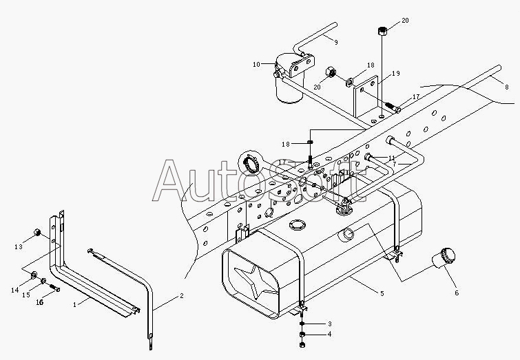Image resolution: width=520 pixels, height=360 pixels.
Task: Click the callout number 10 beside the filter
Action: [x=256, y=64]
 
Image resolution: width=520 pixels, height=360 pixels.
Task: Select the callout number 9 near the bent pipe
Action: [x=336, y=42]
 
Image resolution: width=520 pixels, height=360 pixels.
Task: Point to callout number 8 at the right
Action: [x=506, y=87]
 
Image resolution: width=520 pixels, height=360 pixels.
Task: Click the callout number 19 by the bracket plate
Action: [x=396, y=73]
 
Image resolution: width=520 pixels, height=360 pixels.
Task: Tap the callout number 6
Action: [x=457, y=293]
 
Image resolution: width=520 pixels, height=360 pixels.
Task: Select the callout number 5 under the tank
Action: [x=382, y=293]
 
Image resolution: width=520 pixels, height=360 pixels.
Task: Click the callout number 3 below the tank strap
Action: [x=330, y=324]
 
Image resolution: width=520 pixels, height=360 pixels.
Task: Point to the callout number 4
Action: [x=329, y=334]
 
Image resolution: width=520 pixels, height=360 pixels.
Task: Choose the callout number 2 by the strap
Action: [x=181, y=296]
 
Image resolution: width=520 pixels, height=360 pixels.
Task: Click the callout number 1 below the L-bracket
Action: [x=74, y=304]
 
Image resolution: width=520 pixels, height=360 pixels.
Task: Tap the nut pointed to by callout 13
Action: [x=37, y=232]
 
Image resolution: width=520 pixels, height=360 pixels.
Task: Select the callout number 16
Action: [x=39, y=302]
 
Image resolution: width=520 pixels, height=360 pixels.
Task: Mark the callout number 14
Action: [x=14, y=290]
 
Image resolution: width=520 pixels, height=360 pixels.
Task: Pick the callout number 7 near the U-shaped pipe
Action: [x=395, y=164]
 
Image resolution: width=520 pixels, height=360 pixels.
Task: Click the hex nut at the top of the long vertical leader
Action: [x=382, y=31]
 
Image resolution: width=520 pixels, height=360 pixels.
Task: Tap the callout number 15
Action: [x=26, y=295]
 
